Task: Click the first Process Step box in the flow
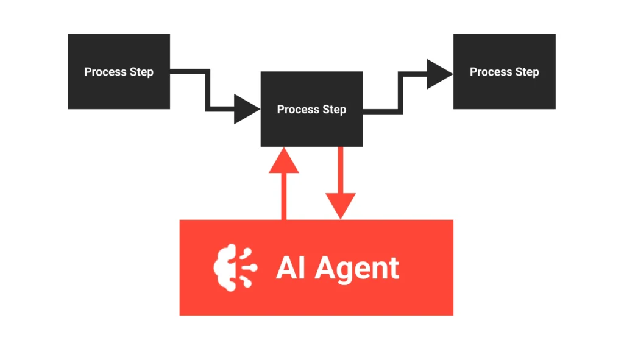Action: click(x=119, y=71)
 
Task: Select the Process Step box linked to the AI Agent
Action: click(x=311, y=109)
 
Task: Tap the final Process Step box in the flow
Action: click(x=504, y=71)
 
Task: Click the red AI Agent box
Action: click(x=316, y=292)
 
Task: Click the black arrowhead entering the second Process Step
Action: click(x=247, y=110)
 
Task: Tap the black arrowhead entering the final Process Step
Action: click(x=439, y=74)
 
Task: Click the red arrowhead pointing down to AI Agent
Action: click(x=340, y=206)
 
